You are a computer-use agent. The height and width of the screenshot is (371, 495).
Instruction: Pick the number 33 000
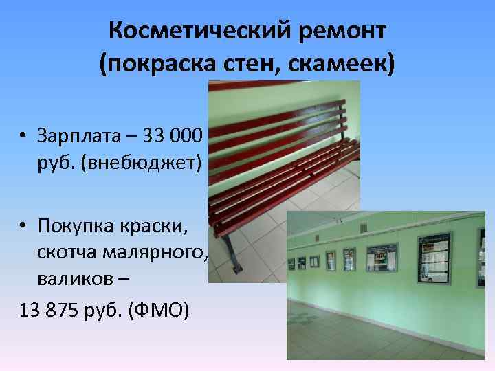[x=175, y=136]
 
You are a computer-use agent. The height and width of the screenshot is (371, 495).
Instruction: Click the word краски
[x=165, y=225]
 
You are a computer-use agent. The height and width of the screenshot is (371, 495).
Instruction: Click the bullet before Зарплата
[x=23, y=137]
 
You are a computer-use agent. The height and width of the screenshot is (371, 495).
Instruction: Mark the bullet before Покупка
[x=23, y=226]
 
